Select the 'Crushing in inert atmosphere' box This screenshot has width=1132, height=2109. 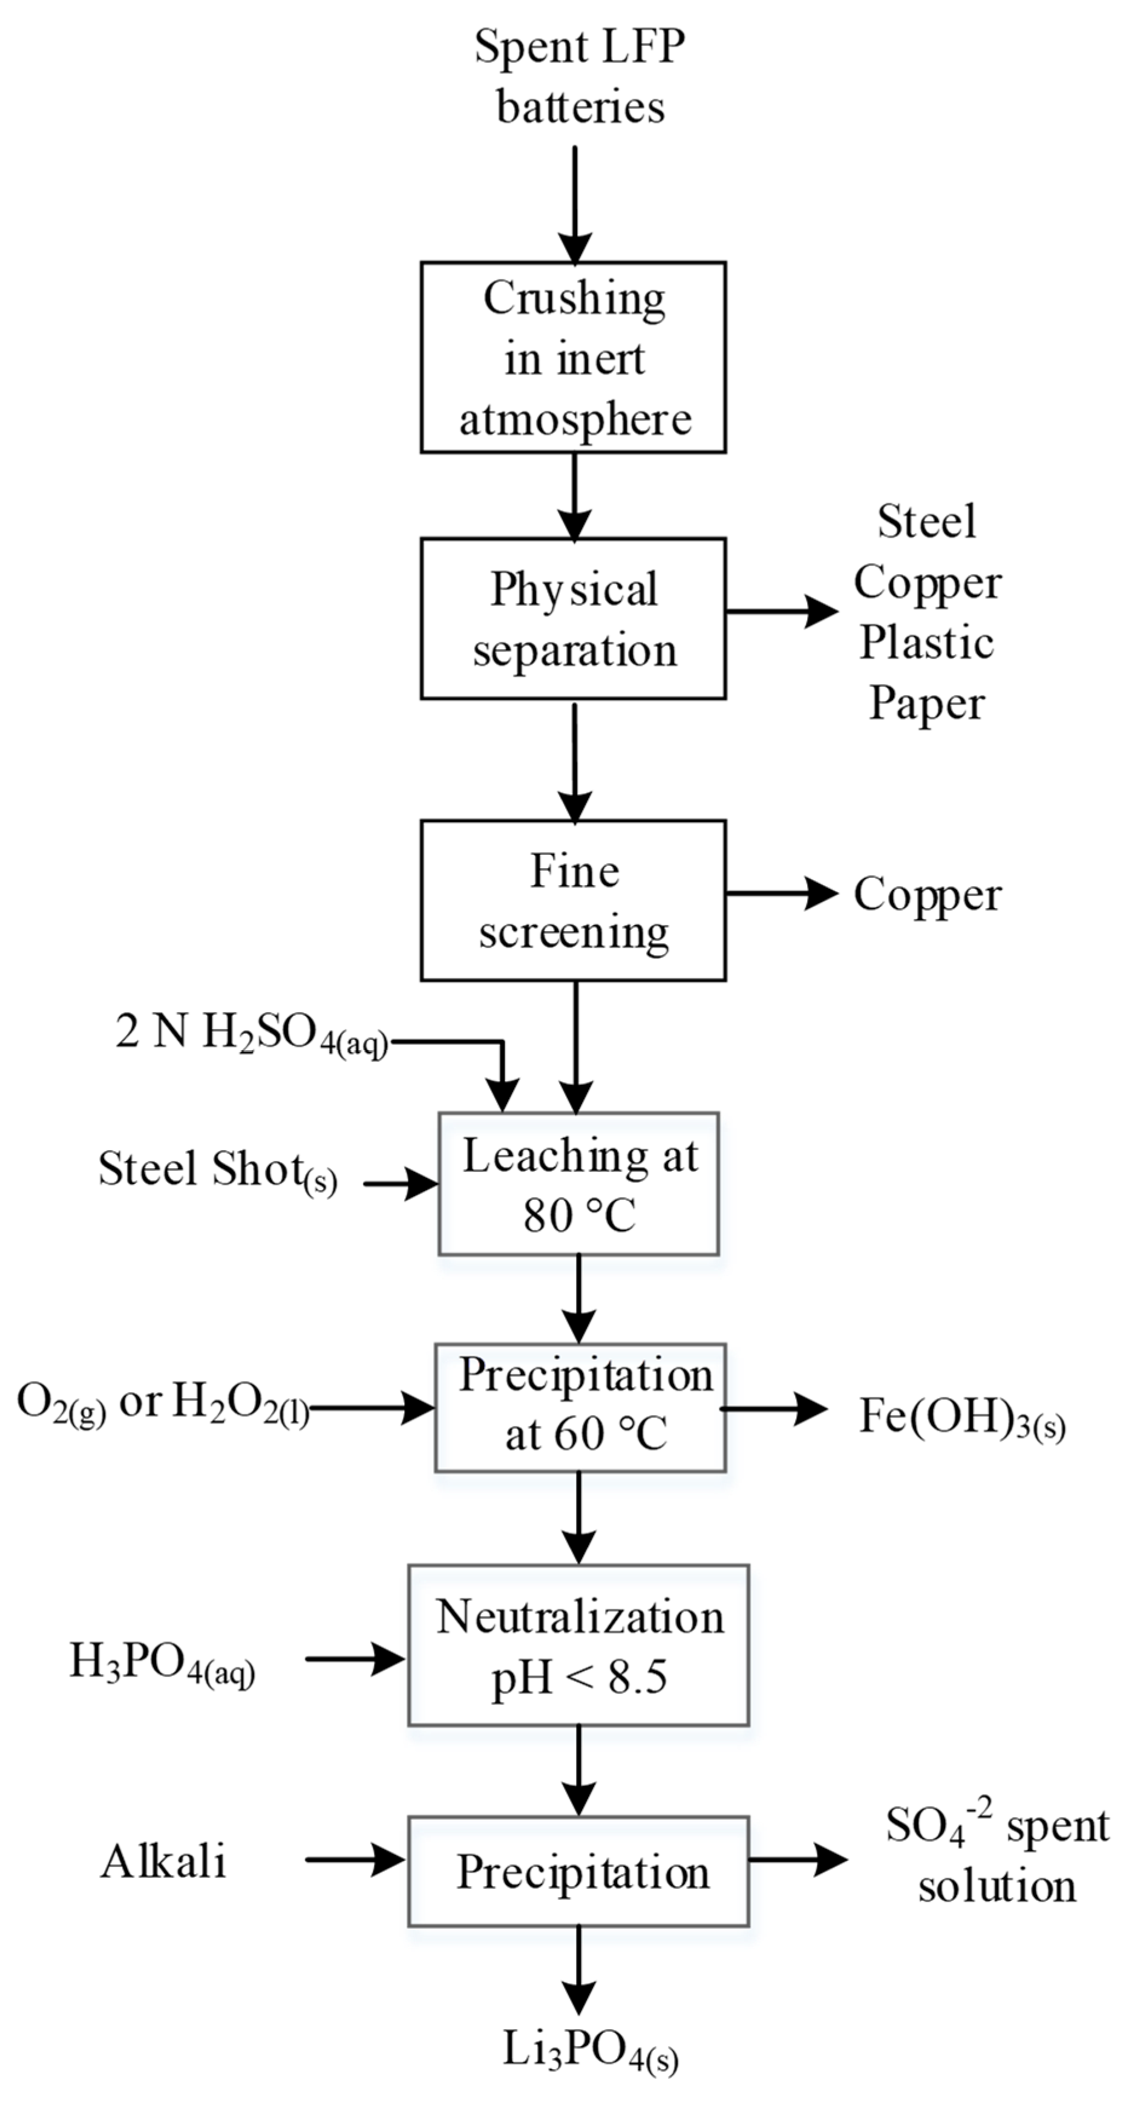coord(573,358)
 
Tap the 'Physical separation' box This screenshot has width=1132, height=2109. coord(573,619)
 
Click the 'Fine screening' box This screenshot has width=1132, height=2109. coord(573,901)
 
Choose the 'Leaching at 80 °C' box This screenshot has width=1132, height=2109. coord(578,1184)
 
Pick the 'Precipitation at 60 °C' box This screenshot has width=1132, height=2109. coord(580,1407)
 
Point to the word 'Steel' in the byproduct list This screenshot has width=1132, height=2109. coord(926,522)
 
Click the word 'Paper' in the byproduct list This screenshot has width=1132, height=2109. coord(926,703)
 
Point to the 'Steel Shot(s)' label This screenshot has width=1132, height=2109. coord(218,1171)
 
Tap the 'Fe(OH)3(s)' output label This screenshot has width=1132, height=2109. coord(962,1417)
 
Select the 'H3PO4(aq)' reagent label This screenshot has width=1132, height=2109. coord(162,1663)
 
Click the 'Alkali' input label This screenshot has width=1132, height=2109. coord(164,1863)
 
